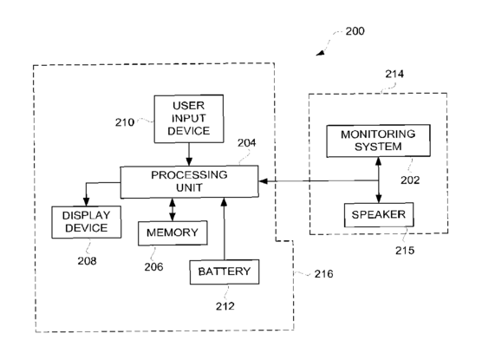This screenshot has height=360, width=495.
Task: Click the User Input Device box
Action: [x=189, y=119]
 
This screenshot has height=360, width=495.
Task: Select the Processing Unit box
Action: [x=189, y=182]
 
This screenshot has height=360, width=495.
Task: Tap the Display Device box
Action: [x=86, y=222]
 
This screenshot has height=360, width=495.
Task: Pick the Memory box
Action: [x=173, y=233]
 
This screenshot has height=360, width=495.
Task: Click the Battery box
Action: [x=225, y=272]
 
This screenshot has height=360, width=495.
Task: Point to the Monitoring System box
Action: [x=378, y=141]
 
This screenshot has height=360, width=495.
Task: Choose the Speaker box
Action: [x=379, y=215]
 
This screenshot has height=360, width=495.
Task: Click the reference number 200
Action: [x=355, y=31]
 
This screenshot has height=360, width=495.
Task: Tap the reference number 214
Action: [x=394, y=74]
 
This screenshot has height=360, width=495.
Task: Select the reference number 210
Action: [x=124, y=122]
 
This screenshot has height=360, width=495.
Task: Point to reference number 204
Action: [x=246, y=143]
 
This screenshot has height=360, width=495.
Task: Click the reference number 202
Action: [x=410, y=180]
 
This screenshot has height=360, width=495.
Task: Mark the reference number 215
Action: [x=405, y=251]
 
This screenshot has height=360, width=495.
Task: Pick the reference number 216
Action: [x=323, y=274]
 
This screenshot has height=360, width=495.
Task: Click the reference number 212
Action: [x=225, y=306]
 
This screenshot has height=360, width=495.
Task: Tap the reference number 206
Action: [x=153, y=267]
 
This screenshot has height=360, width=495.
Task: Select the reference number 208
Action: [x=88, y=261]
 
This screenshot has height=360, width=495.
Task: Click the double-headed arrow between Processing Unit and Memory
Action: [x=172, y=210]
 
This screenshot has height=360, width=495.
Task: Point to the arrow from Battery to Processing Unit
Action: [x=225, y=229]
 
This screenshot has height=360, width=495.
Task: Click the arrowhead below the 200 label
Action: [x=321, y=53]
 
